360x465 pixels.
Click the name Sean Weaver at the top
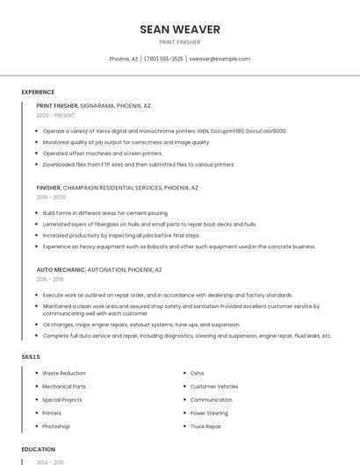180,30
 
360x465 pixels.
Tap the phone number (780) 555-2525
163,59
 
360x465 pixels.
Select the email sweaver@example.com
220,59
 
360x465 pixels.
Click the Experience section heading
38,92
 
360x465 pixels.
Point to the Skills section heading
31,357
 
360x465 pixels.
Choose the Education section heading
38,449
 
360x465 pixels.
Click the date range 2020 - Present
55,115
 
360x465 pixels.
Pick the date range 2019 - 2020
51,197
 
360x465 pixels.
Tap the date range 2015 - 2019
50,279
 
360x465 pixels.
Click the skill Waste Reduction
64,373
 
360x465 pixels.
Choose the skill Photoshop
56,426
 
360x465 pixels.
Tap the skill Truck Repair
205,426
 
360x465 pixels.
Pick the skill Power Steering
209,413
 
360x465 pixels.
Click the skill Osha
197,373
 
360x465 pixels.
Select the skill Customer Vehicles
214,386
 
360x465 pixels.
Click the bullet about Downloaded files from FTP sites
139,164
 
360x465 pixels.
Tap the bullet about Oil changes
141,324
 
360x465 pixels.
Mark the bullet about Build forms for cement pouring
105,213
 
